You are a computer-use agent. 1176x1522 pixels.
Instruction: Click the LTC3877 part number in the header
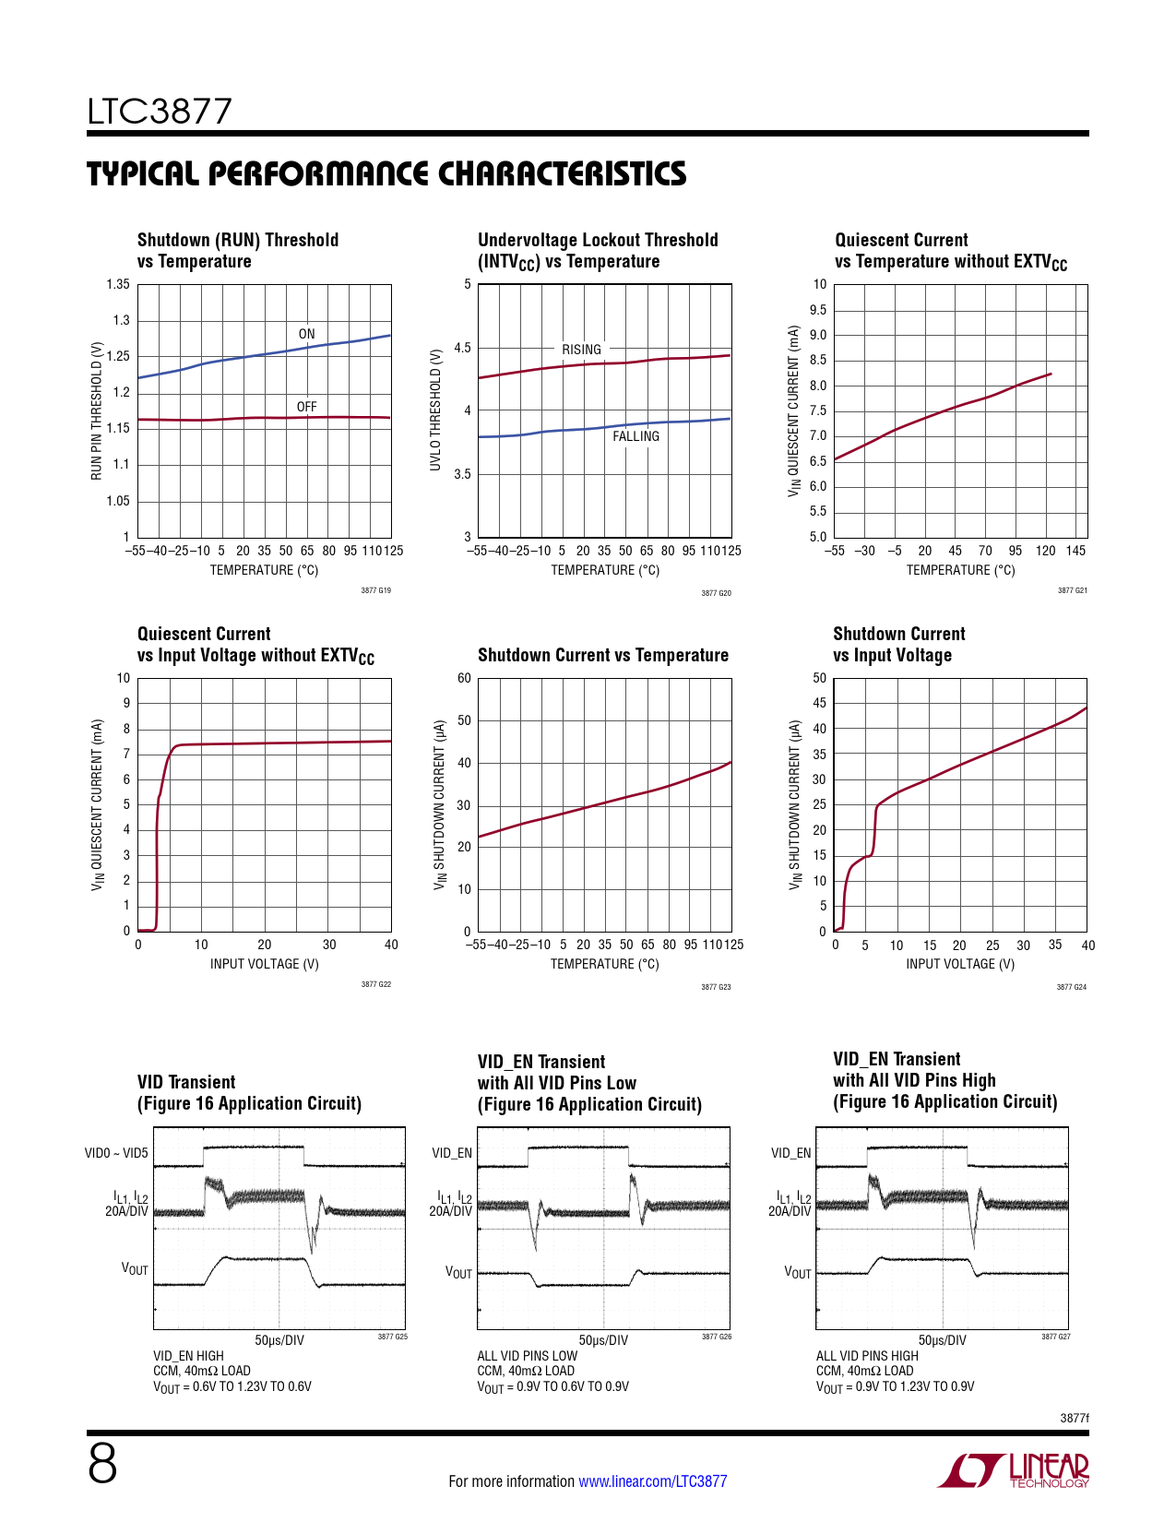160,112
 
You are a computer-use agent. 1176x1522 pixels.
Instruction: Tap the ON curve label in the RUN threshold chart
306,334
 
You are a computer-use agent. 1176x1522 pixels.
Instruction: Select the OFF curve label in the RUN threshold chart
306,407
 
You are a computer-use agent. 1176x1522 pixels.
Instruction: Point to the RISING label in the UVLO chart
581,350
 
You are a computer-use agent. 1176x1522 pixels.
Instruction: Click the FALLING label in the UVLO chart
636,436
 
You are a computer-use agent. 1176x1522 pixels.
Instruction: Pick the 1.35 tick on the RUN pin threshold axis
118,284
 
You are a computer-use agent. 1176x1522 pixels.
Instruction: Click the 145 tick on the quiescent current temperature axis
1075,551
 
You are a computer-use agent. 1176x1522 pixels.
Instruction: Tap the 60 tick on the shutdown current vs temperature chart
464,678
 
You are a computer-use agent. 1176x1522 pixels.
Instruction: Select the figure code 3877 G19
375,590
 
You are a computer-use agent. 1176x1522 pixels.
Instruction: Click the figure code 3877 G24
1071,987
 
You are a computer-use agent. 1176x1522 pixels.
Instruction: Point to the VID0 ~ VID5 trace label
116,1153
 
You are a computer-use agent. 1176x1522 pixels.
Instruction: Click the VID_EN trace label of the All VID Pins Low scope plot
452,1153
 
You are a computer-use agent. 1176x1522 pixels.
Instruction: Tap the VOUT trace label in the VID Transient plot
135,1269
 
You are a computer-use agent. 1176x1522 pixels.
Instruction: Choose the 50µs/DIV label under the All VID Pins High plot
942,1340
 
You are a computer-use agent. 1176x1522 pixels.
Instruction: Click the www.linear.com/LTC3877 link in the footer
652,1481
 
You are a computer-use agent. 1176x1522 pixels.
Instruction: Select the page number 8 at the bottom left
102,1464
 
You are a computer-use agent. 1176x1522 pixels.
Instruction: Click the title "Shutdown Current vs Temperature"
603,655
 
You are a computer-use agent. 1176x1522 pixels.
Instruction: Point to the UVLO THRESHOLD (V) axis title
435,410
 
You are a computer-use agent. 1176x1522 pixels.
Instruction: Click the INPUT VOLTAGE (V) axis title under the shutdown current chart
960,964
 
